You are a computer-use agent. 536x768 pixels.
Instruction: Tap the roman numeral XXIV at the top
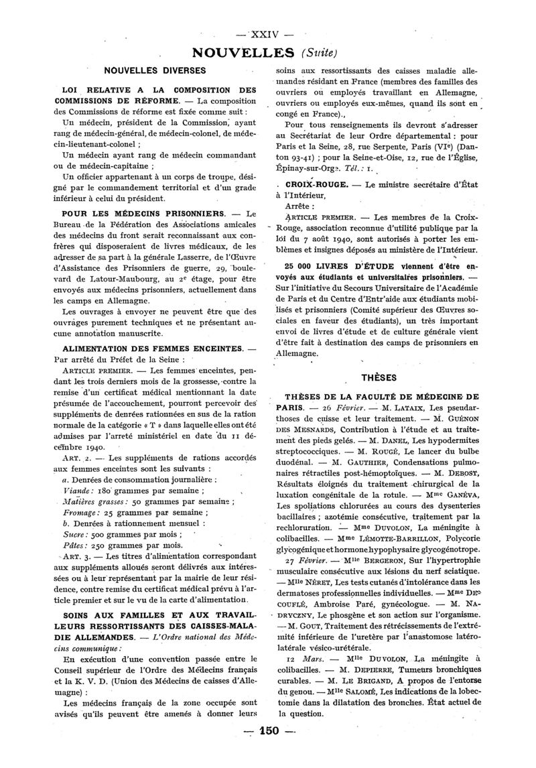point(267,34)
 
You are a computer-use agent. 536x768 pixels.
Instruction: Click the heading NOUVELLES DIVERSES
point(154,69)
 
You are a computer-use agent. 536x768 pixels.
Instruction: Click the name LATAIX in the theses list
point(401,407)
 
